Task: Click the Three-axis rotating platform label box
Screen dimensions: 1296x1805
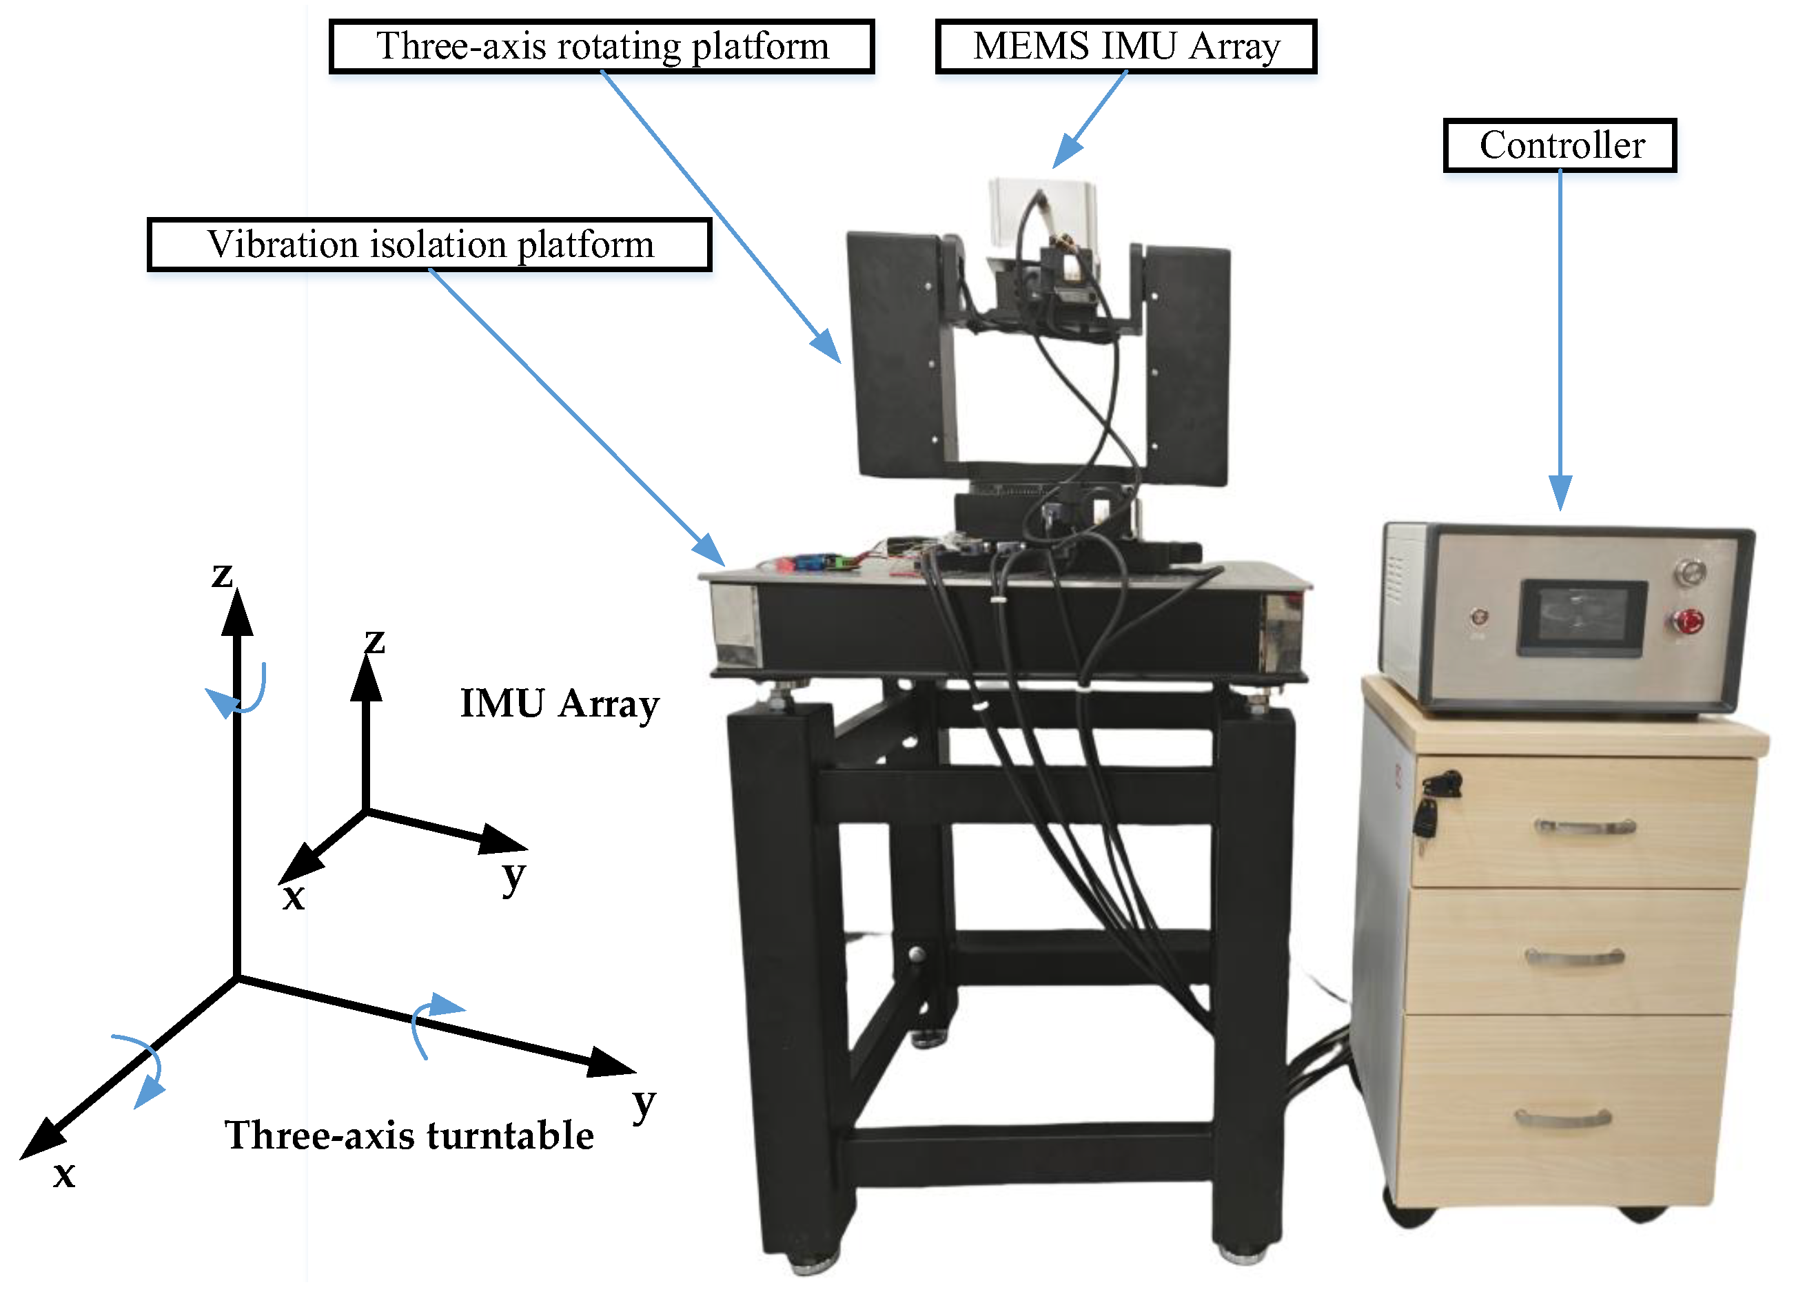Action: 602,46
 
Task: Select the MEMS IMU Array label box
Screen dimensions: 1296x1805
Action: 1125,46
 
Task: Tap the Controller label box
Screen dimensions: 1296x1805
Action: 1559,145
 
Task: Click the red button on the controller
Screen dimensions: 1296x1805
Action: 1688,620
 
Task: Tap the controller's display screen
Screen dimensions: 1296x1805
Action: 1582,617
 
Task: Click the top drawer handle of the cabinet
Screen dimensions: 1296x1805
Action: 1584,827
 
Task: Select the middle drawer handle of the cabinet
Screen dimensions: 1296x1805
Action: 1574,957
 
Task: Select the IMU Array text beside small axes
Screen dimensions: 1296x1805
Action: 560,703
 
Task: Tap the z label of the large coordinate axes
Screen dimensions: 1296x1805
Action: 222,575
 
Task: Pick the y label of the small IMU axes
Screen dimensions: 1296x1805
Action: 513,876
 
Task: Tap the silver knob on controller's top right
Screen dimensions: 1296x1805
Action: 1691,571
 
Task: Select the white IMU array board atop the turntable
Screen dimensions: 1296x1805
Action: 1041,211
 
